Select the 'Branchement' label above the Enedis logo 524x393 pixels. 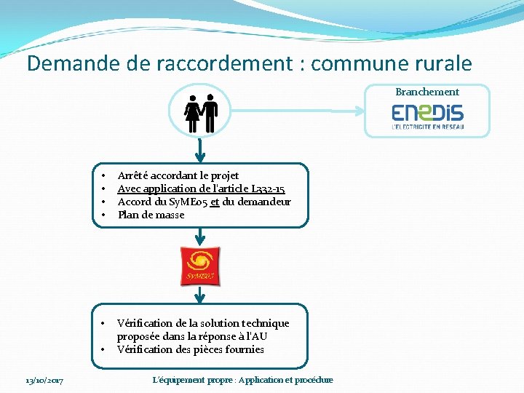click(x=427, y=92)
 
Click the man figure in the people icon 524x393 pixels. click(x=210, y=114)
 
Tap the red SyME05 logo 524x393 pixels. click(x=200, y=266)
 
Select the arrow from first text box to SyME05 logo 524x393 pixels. click(x=200, y=237)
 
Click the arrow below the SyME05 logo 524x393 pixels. click(x=200, y=294)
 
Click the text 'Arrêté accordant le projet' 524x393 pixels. click(x=178, y=175)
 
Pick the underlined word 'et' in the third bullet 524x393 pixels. click(x=214, y=202)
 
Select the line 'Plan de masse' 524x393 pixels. click(x=151, y=215)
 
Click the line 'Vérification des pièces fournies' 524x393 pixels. click(x=190, y=349)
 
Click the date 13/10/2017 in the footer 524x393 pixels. click(x=44, y=380)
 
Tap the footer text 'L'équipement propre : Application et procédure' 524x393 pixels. click(x=242, y=380)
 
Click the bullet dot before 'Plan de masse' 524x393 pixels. click(x=104, y=215)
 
